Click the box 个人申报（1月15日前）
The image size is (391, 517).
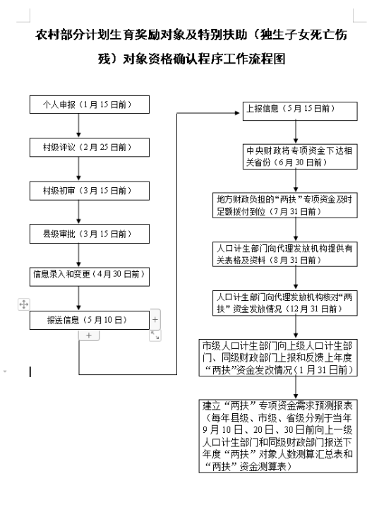(89, 105)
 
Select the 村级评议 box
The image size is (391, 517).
(89, 148)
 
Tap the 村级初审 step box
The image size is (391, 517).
(89, 191)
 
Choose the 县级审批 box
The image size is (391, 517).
(89, 234)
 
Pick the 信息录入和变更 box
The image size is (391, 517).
(89, 277)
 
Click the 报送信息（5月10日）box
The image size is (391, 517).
(89, 320)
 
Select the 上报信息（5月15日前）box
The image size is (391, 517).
(300, 111)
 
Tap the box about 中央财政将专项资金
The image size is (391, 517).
(300, 157)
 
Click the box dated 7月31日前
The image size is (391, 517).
(285, 206)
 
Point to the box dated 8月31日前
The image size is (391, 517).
(285, 254)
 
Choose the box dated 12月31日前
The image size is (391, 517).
(285, 303)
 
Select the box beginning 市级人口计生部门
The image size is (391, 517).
(278, 358)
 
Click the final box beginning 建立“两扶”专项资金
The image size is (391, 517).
(278, 436)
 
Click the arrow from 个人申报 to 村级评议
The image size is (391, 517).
(78, 126)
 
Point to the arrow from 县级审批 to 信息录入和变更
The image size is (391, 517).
(78, 255)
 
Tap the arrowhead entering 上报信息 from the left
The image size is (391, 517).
(237, 113)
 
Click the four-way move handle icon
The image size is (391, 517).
(24, 304)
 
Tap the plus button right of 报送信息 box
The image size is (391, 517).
(155, 319)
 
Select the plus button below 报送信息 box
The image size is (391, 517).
(89, 335)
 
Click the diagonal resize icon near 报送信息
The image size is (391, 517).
(155, 335)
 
